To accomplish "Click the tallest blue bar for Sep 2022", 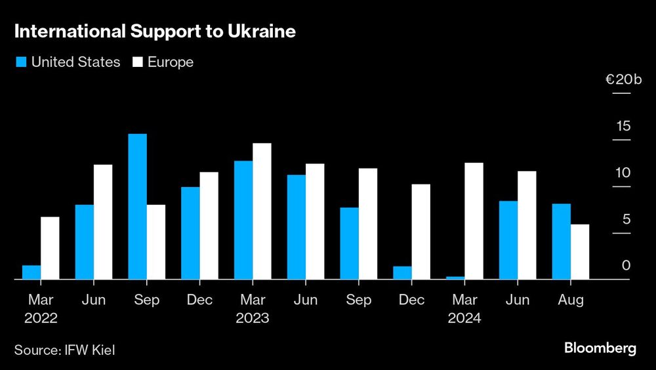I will (137, 207).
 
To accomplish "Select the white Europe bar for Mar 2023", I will (262, 211).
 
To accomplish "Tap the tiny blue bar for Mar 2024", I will (455, 277).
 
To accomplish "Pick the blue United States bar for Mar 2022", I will (31, 272).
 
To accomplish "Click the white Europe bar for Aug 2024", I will (580, 252).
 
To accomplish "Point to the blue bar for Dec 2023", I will (402, 273).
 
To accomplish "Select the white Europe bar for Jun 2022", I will (103, 222).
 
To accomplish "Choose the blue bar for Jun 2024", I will (508, 240).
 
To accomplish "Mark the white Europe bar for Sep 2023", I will (367, 224).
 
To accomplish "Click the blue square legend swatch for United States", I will (20, 62).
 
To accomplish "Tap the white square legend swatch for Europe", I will (138, 62).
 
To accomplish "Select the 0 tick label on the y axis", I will (626, 266).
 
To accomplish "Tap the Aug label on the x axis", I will (571, 300).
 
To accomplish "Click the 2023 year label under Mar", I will (253, 318).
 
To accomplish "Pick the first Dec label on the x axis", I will (199, 300).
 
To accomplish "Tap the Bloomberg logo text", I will (600, 348).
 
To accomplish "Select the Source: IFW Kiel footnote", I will (65, 350).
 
